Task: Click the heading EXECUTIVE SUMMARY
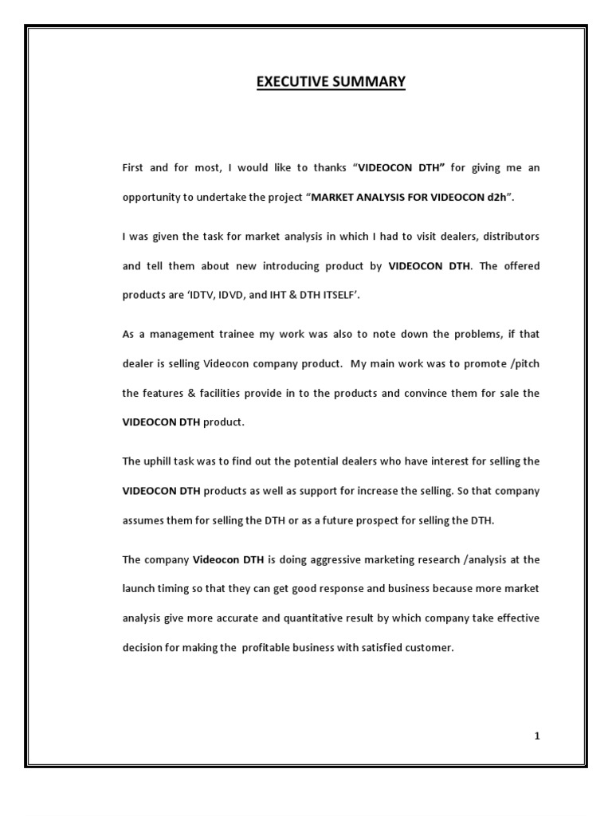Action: pos(331,82)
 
